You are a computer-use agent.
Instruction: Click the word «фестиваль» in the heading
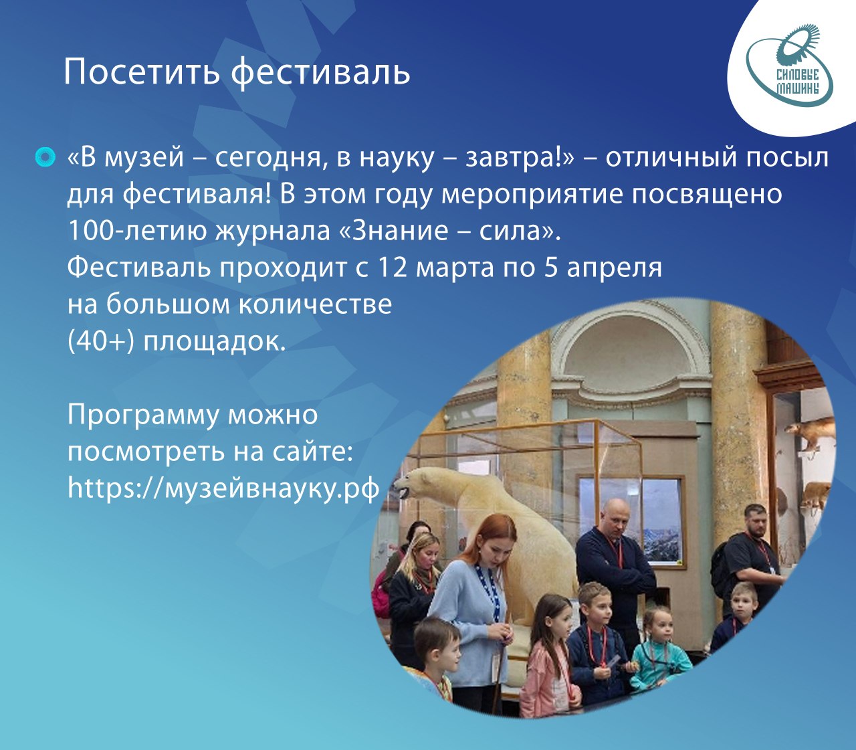(320, 73)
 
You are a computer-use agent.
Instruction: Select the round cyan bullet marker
(45, 157)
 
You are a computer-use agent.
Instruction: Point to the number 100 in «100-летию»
(91, 230)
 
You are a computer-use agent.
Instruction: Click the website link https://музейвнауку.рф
(223, 488)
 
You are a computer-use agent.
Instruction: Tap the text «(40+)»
(101, 342)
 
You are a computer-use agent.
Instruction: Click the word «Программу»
(143, 416)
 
